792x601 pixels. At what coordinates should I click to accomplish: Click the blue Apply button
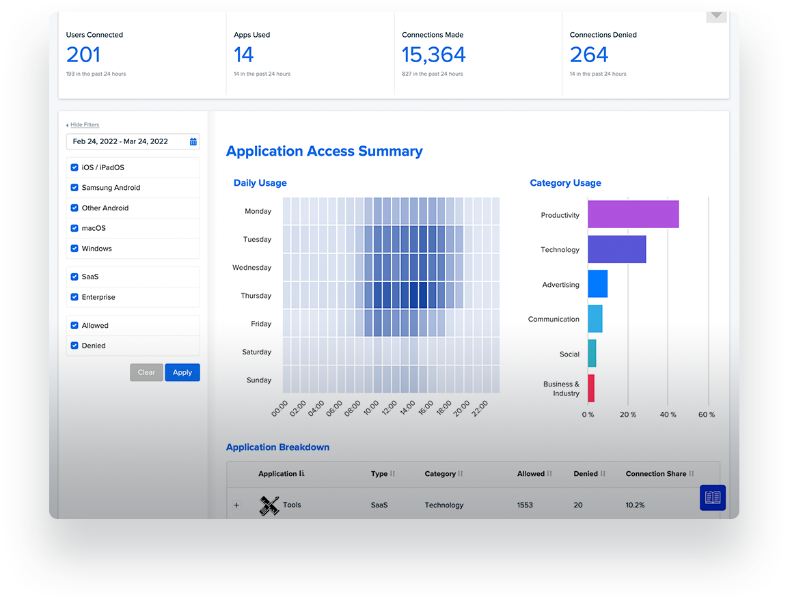pyautogui.click(x=182, y=372)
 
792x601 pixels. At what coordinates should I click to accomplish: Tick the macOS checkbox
pyautogui.click(x=74, y=228)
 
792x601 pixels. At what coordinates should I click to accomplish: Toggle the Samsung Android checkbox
pyautogui.click(x=74, y=188)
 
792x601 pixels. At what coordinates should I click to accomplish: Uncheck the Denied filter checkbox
pyautogui.click(x=74, y=346)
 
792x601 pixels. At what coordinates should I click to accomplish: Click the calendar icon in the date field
pyautogui.click(x=193, y=142)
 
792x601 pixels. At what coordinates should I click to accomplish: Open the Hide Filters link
pyautogui.click(x=84, y=125)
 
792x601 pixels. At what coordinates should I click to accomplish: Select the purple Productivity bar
pyautogui.click(x=633, y=214)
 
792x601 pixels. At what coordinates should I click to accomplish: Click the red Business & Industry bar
pyautogui.click(x=591, y=388)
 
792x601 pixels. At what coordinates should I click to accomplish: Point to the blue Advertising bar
pyautogui.click(x=597, y=283)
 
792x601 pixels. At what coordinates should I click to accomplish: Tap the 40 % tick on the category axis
pyautogui.click(x=668, y=415)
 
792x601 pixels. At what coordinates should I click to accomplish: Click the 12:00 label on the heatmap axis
pyautogui.click(x=389, y=408)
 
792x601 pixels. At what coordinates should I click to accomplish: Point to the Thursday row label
pyautogui.click(x=256, y=296)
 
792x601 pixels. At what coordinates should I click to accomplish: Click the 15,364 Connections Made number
pyautogui.click(x=433, y=55)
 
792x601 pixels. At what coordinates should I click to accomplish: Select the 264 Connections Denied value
pyautogui.click(x=589, y=55)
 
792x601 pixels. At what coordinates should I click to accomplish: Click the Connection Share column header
pyautogui.click(x=655, y=474)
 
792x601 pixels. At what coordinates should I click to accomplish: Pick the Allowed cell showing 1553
pyautogui.click(x=525, y=505)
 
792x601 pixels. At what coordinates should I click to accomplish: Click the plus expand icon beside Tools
pyautogui.click(x=236, y=505)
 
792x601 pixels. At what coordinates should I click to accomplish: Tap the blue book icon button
pyautogui.click(x=713, y=498)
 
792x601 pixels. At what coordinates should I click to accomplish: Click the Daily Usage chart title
pyautogui.click(x=260, y=183)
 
